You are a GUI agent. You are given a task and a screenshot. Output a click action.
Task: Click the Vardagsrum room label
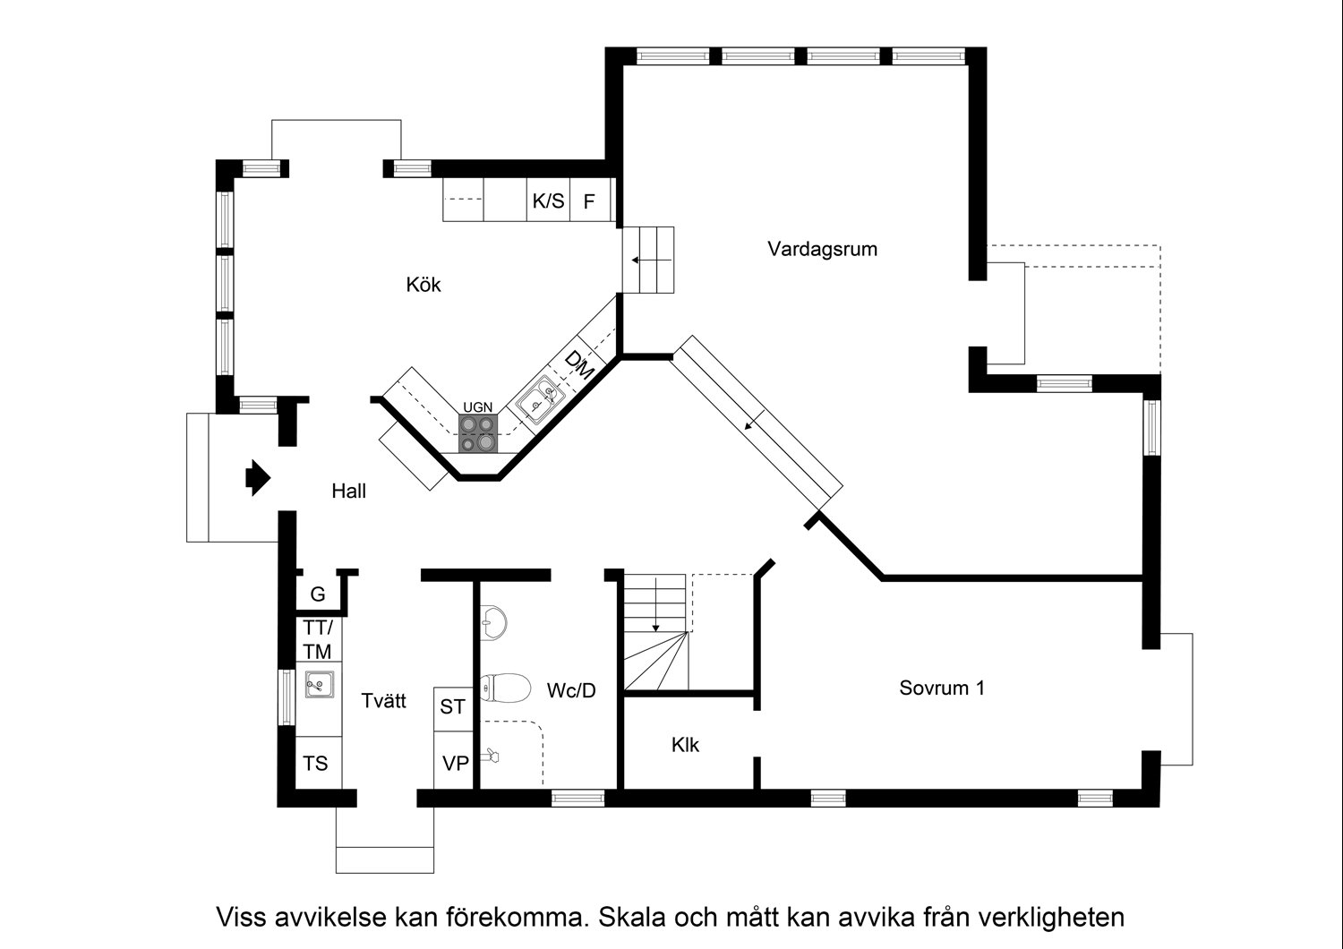(822, 249)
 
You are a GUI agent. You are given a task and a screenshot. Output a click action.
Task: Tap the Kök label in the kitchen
(423, 285)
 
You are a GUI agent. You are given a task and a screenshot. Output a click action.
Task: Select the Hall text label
(348, 491)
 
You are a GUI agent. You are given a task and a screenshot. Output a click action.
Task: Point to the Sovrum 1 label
(942, 688)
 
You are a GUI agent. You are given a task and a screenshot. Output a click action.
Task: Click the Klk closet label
(685, 745)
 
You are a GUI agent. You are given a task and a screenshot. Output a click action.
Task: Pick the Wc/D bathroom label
(571, 690)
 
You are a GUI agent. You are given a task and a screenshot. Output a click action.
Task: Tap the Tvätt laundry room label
(383, 700)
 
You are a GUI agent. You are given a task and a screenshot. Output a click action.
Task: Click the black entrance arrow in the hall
(257, 478)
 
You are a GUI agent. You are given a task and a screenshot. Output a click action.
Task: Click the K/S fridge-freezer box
(548, 201)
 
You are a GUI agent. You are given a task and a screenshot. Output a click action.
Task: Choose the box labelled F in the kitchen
(589, 201)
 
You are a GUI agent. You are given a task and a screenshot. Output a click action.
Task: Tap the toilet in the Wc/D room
(502, 688)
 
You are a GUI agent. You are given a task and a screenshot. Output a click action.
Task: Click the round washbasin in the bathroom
(492, 620)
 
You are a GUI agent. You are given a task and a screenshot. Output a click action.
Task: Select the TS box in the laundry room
(316, 763)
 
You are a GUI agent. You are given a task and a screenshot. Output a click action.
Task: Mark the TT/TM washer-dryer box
(317, 639)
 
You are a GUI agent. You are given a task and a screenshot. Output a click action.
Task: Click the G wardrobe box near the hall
(317, 594)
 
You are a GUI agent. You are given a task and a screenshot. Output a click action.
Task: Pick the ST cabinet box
(452, 707)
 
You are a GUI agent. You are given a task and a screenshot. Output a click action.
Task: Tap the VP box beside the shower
(456, 764)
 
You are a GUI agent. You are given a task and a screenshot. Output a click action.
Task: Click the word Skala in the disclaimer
(629, 918)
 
